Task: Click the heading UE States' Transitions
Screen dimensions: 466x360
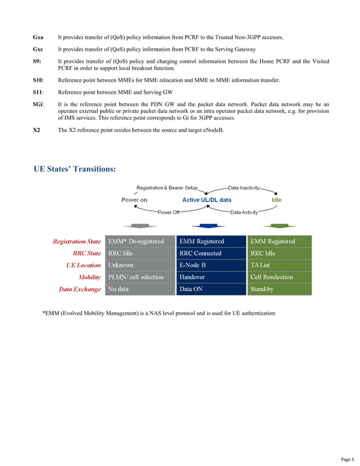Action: pos(75,169)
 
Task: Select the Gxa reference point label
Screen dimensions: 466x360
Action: pos(38,37)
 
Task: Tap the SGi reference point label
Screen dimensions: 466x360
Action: pos(39,104)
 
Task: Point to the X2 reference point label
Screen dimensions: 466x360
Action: pos(37,131)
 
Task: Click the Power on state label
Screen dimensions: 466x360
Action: pos(134,200)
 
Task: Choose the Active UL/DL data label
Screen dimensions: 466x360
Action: pos(207,200)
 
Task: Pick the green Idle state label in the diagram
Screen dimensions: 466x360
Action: pos(276,200)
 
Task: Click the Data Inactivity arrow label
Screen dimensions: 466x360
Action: pos(244,187)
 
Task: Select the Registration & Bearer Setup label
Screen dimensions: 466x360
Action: pos(167,187)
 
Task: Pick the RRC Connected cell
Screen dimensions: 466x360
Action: pos(200,253)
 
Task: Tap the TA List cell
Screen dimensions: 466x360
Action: pos(261,265)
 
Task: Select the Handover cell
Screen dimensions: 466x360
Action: pos(192,277)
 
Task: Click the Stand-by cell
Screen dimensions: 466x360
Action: pos(262,289)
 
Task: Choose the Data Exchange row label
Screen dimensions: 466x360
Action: pos(80,289)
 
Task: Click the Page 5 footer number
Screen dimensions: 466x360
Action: pos(347,459)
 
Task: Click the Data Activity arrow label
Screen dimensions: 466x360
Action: pos(244,212)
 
